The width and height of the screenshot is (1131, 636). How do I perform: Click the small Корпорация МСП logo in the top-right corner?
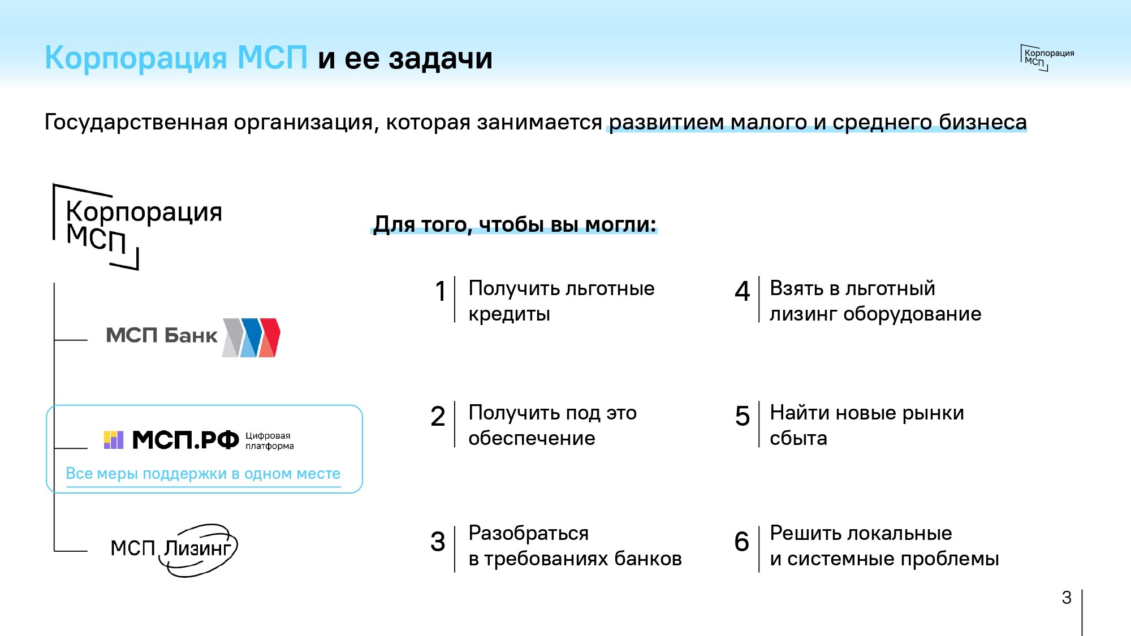(x=1047, y=58)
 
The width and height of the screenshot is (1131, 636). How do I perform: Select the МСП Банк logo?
(x=193, y=337)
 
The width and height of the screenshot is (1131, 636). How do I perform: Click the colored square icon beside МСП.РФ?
(x=114, y=440)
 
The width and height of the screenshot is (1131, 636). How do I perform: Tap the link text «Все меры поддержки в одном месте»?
(x=203, y=473)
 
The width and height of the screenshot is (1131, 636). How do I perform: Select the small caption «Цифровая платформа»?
(x=270, y=440)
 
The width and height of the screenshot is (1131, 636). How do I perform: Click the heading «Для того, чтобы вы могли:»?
(x=515, y=224)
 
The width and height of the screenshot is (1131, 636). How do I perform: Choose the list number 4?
(x=743, y=292)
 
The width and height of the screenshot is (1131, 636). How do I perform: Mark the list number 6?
(x=742, y=542)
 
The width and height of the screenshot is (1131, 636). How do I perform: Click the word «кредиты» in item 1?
(x=510, y=314)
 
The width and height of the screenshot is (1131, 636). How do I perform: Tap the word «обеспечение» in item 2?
(x=532, y=438)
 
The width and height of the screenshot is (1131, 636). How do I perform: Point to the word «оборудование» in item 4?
(x=912, y=314)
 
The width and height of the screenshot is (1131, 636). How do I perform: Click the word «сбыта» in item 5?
(x=798, y=438)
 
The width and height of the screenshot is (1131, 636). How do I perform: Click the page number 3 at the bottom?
(x=1067, y=598)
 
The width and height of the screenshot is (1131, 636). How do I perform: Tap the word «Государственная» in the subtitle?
(x=136, y=122)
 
